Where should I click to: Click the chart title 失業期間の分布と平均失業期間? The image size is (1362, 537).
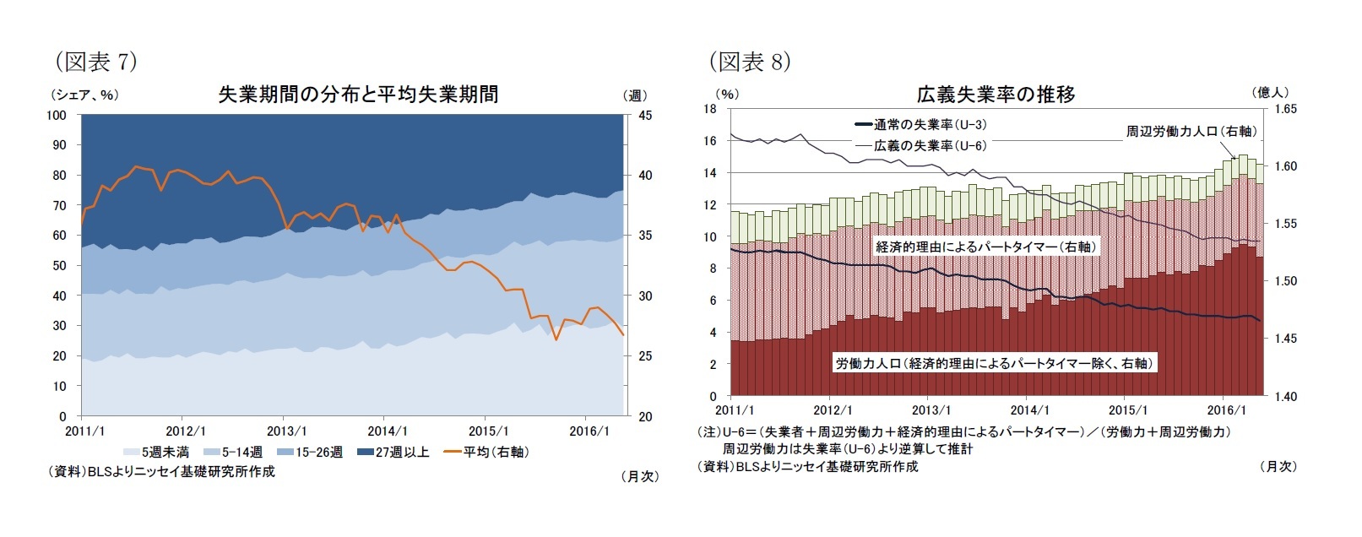tap(358, 95)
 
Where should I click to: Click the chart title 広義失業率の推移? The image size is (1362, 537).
tap(996, 95)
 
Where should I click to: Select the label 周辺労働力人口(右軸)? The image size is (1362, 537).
tap(1191, 131)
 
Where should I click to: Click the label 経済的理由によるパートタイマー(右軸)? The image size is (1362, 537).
tap(985, 247)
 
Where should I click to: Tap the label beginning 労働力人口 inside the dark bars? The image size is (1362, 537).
tap(994, 363)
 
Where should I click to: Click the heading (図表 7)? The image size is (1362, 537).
tap(95, 62)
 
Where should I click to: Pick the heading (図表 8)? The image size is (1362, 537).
tap(750, 62)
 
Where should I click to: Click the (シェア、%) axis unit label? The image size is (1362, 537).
tap(84, 95)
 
